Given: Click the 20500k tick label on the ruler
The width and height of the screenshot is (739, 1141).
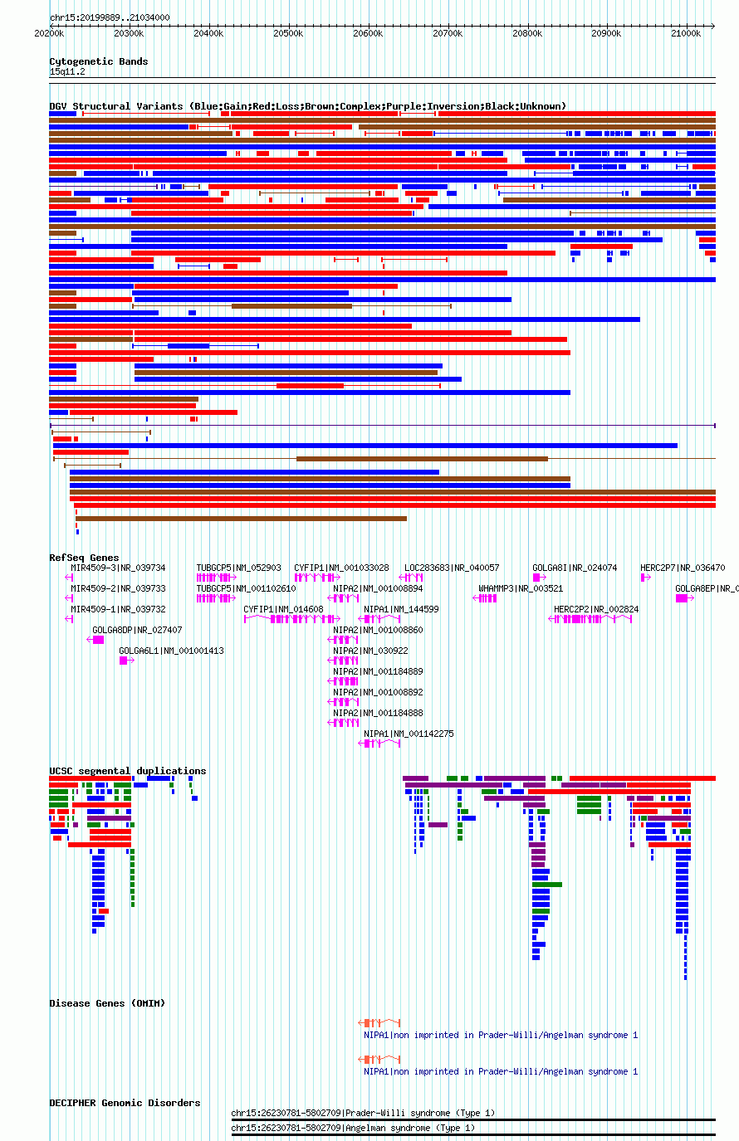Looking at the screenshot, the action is [288, 34].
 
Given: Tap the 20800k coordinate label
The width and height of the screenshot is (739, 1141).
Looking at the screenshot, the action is [527, 34].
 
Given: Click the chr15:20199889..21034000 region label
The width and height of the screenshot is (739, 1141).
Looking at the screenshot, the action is [110, 17].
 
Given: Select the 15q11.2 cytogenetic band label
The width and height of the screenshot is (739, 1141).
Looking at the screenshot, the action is [67, 72].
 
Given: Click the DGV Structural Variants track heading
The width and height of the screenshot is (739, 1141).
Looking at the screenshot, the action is [308, 106].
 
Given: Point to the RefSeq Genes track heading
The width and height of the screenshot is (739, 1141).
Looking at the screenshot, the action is [84, 558].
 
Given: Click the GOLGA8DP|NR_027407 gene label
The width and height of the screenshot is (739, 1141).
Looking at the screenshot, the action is [137, 630].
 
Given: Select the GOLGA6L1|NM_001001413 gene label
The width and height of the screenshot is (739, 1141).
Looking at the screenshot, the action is [171, 651].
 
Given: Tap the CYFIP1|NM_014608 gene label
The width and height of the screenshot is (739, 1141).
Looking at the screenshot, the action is [283, 609].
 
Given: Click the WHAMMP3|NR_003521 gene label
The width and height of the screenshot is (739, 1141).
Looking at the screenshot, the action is [521, 588].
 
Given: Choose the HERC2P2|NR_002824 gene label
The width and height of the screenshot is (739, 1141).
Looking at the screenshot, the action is [596, 609].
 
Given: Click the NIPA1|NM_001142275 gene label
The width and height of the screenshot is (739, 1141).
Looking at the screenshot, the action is [409, 734].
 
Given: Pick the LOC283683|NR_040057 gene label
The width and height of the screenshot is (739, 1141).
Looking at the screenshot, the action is [452, 568].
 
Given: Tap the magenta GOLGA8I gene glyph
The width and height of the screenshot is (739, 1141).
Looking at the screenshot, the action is [539, 578].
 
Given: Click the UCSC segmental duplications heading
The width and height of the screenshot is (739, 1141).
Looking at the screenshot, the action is [128, 771].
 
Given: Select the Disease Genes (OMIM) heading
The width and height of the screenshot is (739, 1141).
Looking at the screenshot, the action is [108, 1003].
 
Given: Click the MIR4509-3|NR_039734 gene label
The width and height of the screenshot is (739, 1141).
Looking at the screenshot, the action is [118, 568].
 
